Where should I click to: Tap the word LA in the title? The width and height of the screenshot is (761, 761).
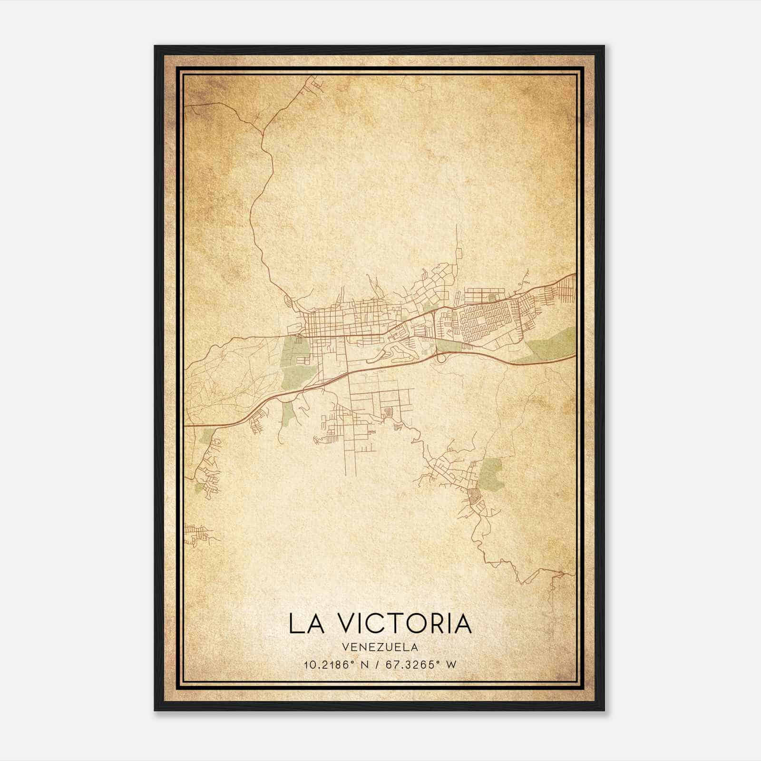pyautogui.click(x=306, y=624)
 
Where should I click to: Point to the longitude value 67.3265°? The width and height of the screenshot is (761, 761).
pyautogui.click(x=411, y=664)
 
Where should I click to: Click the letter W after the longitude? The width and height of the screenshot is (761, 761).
pyautogui.click(x=450, y=664)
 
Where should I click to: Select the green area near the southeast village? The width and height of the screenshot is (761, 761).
pyautogui.click(x=491, y=473)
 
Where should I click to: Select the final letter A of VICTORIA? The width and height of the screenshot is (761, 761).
pyautogui.click(x=461, y=624)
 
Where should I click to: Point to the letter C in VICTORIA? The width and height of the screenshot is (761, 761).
pyautogui.click(x=372, y=624)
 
